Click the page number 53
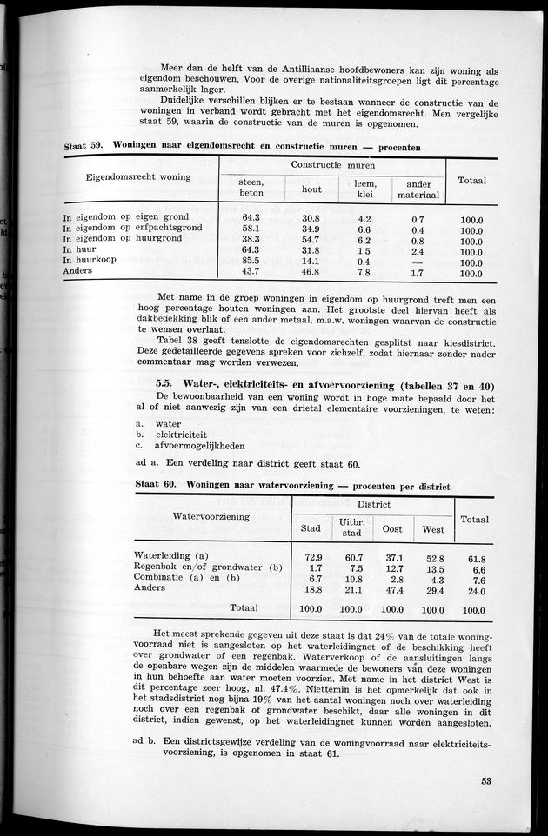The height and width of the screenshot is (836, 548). pyautogui.click(x=485, y=780)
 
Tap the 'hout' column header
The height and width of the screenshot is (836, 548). pyautogui.click(x=311, y=188)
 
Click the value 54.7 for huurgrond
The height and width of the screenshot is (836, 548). pyautogui.click(x=311, y=239)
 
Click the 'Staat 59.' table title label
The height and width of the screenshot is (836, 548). pyautogui.click(x=85, y=148)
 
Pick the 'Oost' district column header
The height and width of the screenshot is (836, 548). pyautogui.click(x=392, y=528)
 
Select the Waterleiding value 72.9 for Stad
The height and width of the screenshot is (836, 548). pyautogui.click(x=311, y=557)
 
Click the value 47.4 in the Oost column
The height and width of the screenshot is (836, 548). pyautogui.click(x=392, y=589)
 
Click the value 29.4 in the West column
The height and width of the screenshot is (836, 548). pyautogui.click(x=432, y=589)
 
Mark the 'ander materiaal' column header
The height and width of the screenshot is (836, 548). pyautogui.click(x=418, y=188)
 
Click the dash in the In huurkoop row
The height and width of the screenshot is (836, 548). pyautogui.click(x=418, y=261)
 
